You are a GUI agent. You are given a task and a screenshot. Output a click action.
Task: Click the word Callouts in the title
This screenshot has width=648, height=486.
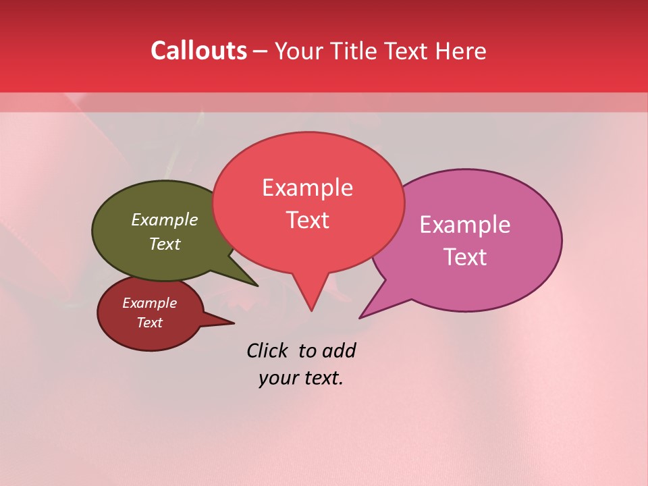(x=198, y=51)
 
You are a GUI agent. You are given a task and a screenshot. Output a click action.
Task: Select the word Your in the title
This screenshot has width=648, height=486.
(x=296, y=51)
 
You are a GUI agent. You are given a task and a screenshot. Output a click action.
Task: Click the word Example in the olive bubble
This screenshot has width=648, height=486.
(x=165, y=219)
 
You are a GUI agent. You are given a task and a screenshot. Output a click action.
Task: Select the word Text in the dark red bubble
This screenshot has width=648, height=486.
(x=149, y=323)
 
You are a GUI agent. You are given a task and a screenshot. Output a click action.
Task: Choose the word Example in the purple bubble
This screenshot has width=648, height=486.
(x=465, y=225)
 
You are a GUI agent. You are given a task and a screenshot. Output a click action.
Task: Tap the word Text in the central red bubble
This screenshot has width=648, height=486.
(x=308, y=220)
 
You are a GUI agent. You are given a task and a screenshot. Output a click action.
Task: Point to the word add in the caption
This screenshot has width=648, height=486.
(x=339, y=350)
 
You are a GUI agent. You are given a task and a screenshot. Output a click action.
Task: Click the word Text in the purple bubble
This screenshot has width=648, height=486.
(x=465, y=256)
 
